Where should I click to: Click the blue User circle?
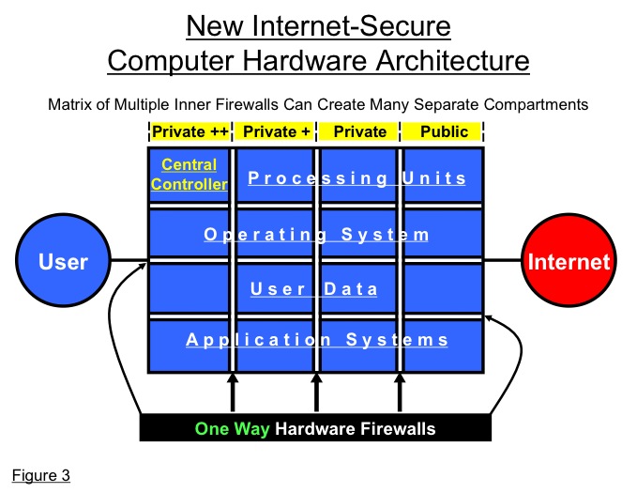point(63,262)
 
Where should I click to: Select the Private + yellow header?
point(277,131)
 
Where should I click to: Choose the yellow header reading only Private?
point(359,131)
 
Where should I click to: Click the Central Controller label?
point(190,175)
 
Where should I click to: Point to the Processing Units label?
point(357,178)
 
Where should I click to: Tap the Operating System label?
point(316,234)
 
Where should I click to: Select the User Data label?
point(314,289)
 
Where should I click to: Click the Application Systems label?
point(316,340)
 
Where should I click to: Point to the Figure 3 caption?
point(41,474)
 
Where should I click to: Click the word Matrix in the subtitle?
point(69,104)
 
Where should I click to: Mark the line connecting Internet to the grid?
point(503,261)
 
